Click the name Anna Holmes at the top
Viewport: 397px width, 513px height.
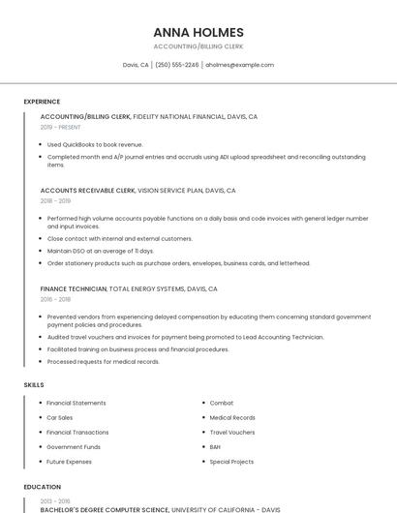[198, 32]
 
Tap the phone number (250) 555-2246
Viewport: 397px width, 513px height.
[176, 65]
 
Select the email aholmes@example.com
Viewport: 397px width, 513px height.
[239, 65]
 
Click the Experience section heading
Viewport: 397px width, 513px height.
[42, 102]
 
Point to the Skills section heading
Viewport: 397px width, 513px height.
[34, 385]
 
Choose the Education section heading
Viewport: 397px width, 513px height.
[43, 487]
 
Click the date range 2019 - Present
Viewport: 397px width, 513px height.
[61, 127]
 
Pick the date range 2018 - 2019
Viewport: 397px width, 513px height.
[55, 201]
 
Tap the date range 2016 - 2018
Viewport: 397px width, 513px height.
[55, 299]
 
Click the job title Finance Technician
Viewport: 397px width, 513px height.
[74, 288]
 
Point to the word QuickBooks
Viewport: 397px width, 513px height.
[81, 144]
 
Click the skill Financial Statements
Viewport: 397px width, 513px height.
[76, 403]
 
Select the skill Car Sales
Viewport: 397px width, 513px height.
[60, 417]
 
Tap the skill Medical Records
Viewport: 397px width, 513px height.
[232, 417]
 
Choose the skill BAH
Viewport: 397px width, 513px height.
[215, 447]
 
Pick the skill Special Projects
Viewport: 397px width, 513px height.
[231, 462]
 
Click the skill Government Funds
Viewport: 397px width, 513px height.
[74, 447]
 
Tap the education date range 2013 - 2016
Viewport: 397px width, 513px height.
[55, 500]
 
